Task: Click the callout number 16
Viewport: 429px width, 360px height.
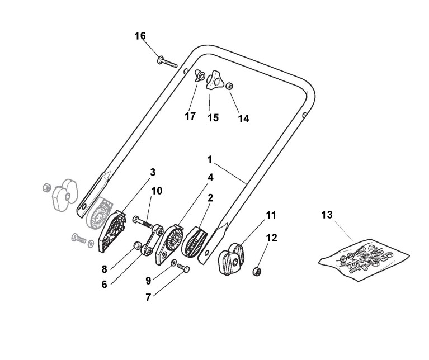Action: click(x=140, y=36)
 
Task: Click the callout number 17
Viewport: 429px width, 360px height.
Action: click(x=190, y=116)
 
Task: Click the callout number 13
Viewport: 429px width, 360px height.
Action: click(x=327, y=214)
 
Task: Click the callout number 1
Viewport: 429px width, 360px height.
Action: click(x=209, y=159)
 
